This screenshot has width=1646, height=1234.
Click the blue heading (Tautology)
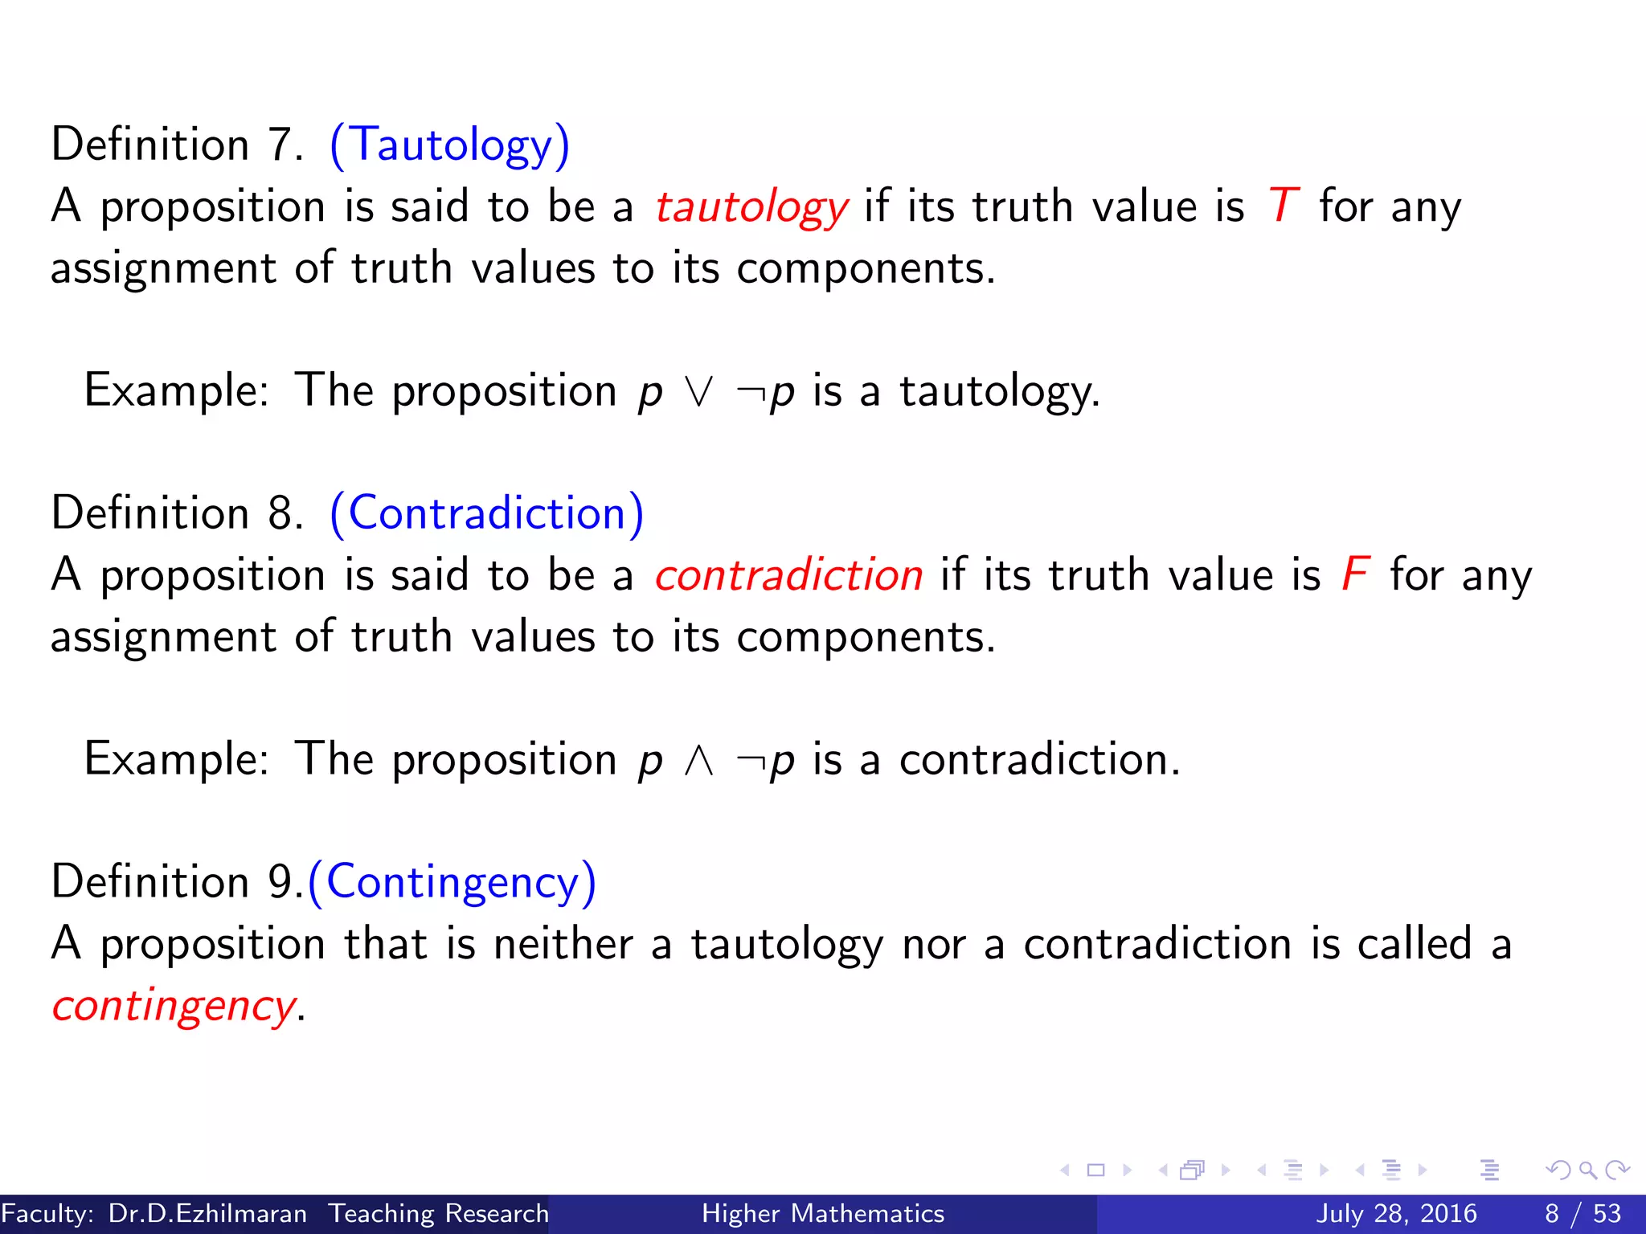450,145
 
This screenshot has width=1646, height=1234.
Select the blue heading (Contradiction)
487,513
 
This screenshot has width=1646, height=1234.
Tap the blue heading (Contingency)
452,882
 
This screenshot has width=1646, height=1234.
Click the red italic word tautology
751,207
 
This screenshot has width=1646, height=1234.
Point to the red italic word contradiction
788,575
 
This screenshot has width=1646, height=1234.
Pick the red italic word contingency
174,1006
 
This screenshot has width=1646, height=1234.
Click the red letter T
1283,206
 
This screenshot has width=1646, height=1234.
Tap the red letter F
1355,574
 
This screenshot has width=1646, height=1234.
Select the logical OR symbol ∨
698,393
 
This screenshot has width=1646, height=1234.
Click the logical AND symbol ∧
698,761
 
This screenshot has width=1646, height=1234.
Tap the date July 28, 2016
1396,1213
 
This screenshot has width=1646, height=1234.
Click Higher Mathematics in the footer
823,1213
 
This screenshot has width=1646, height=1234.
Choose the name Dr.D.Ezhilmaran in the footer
207,1213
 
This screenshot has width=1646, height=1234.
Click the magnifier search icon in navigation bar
1587,1170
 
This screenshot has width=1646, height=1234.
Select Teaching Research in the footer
439,1213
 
